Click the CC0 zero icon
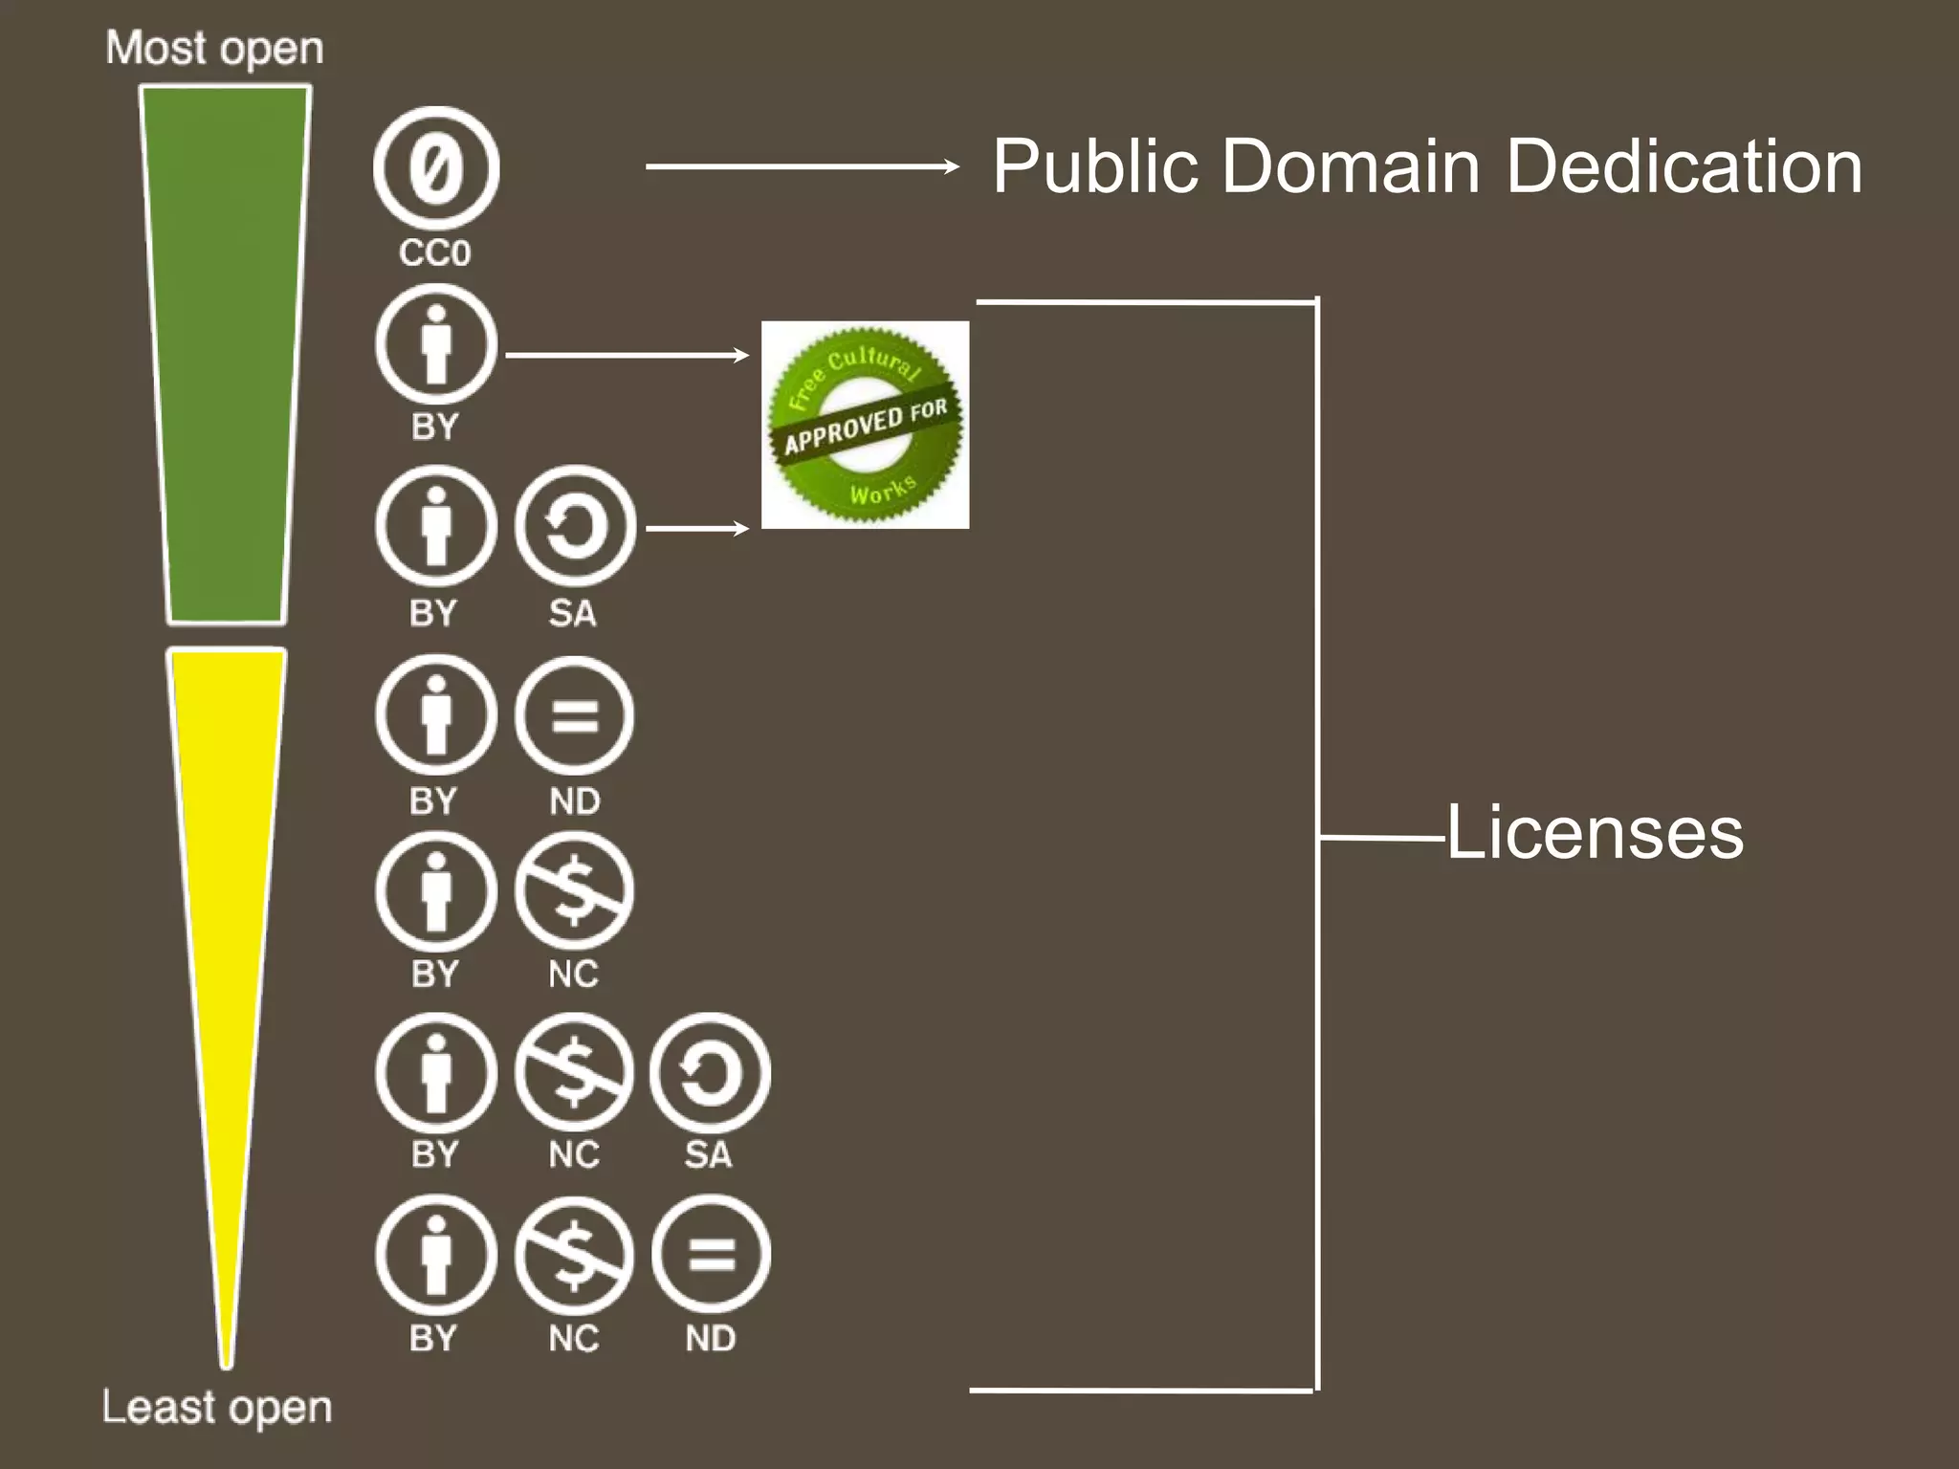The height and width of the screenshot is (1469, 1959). (436, 168)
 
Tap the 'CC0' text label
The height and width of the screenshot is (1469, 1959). (435, 253)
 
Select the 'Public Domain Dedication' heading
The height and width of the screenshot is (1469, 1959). (1426, 166)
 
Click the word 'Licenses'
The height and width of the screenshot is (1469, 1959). (1595, 833)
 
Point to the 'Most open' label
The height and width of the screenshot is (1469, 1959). (214, 48)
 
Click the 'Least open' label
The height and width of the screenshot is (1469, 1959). (217, 1408)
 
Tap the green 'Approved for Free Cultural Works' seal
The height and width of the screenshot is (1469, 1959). (865, 425)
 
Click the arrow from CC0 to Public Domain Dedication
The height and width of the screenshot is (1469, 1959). (802, 166)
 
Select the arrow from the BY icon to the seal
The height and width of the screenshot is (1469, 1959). (627, 356)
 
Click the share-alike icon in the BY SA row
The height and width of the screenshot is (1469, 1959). (575, 526)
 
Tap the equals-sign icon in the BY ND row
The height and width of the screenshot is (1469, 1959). (574, 715)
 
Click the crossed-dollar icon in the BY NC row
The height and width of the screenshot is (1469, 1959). (574, 891)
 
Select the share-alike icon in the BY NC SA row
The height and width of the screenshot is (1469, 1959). (710, 1073)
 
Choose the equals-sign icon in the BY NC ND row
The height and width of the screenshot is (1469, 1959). (711, 1255)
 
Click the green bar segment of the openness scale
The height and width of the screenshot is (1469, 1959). (226, 354)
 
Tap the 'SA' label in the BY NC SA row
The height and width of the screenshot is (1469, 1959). (709, 1155)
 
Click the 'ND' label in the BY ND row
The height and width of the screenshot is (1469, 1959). (575, 801)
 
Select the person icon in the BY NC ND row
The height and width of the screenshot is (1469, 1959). (436, 1255)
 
